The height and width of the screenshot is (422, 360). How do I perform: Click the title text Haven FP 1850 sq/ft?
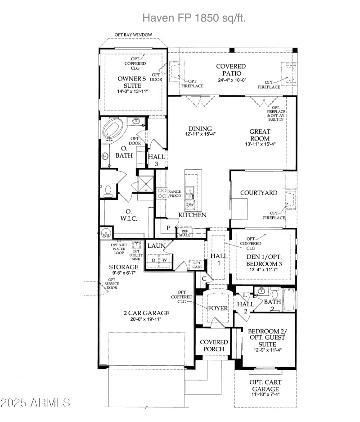(x=194, y=18)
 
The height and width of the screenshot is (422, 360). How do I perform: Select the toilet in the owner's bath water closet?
(x=107, y=191)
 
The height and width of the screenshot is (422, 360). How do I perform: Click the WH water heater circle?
(x=106, y=234)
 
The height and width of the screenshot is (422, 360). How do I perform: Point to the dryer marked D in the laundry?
(x=153, y=260)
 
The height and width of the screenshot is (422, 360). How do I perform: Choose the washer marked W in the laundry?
(x=165, y=260)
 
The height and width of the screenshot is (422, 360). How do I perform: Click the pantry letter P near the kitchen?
(x=168, y=228)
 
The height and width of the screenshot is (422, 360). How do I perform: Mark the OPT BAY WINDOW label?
(x=133, y=35)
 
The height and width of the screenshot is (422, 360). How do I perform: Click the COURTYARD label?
(x=258, y=193)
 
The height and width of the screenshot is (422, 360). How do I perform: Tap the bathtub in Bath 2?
(x=288, y=299)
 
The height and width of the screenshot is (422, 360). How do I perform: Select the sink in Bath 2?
(x=261, y=290)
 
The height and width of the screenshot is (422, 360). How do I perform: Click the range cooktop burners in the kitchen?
(x=161, y=194)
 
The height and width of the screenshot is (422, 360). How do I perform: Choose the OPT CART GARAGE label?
(x=265, y=386)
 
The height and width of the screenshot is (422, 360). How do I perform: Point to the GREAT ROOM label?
(x=260, y=135)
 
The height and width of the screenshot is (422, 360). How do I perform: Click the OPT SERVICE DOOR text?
(x=112, y=286)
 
